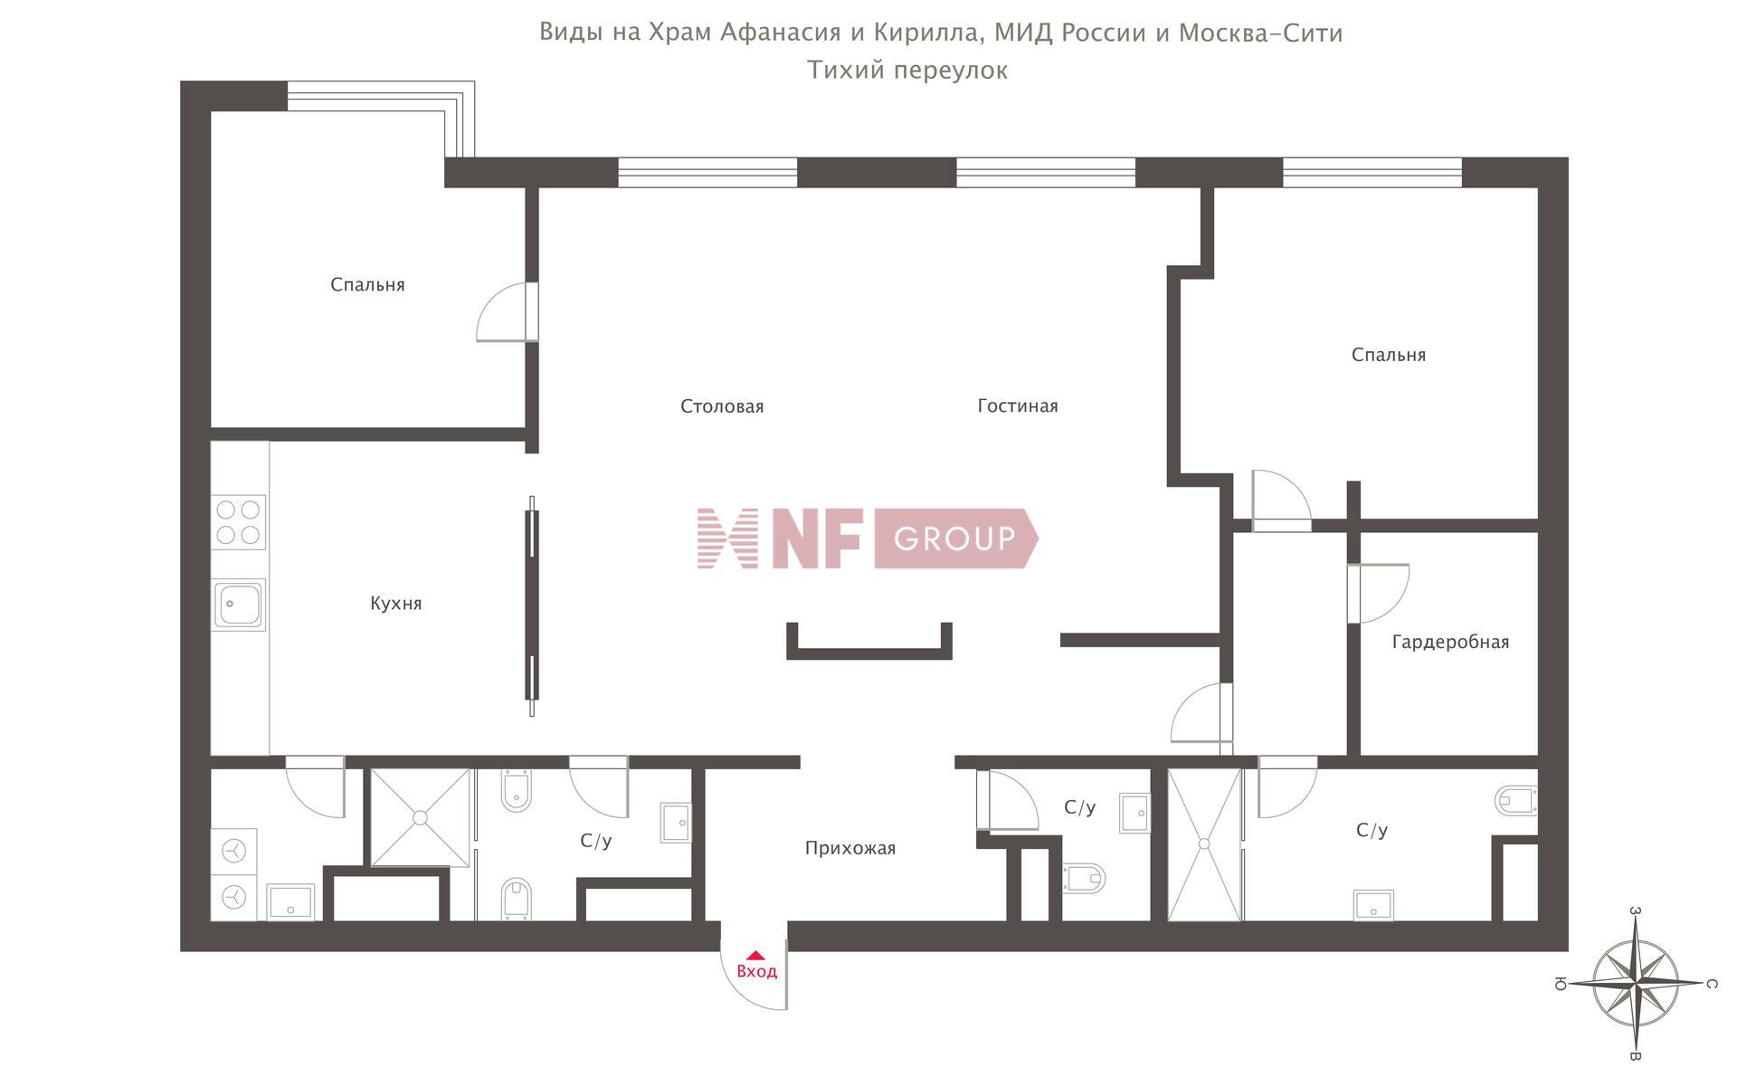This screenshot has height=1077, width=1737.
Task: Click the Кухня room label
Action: click(x=395, y=604)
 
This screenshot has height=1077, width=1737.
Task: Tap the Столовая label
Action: click(x=721, y=406)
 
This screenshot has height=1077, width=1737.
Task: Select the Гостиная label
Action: click(x=1017, y=406)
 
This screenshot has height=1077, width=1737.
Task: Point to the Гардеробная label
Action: click(x=1449, y=643)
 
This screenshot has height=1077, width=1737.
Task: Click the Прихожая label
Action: click(x=850, y=848)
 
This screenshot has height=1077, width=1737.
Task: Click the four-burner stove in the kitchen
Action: click(x=239, y=522)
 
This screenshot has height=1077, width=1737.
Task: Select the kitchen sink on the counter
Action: click(x=239, y=605)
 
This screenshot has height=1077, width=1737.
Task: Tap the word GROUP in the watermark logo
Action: click(x=954, y=539)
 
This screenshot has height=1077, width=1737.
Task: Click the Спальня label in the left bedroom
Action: click(x=367, y=285)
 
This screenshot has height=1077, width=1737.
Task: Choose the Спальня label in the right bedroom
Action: click(x=1388, y=355)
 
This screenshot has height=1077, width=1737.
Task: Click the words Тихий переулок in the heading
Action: click(x=906, y=71)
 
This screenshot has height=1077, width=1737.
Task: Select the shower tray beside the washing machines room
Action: click(x=420, y=817)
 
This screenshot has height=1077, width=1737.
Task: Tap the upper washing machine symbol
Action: click(x=234, y=851)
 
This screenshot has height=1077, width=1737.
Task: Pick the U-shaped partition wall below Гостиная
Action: click(x=868, y=650)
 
